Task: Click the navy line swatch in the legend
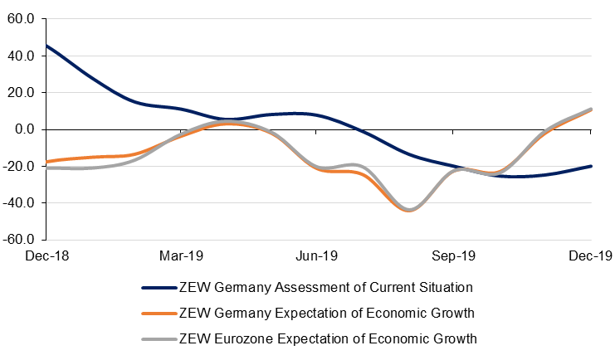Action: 158,289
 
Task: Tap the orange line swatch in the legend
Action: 158,314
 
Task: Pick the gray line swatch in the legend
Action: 158,338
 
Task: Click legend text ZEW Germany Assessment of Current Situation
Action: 325,289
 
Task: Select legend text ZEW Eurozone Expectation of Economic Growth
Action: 328,338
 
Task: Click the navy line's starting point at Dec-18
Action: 46,46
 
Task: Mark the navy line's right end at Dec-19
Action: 591,166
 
